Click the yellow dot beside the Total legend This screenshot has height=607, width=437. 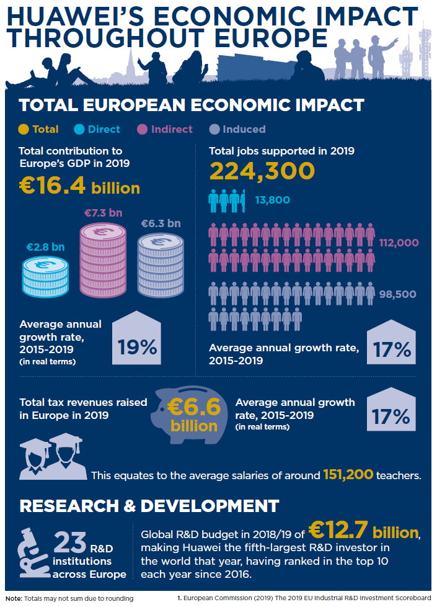point(24,129)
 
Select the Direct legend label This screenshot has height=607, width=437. point(104,129)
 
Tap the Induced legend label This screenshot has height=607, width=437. point(244,129)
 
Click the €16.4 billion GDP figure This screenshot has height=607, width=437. point(79,187)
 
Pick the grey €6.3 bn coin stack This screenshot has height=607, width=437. point(161,264)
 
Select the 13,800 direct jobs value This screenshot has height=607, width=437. point(273,200)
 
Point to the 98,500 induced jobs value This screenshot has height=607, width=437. point(397,294)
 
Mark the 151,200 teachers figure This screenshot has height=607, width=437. point(348,475)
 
